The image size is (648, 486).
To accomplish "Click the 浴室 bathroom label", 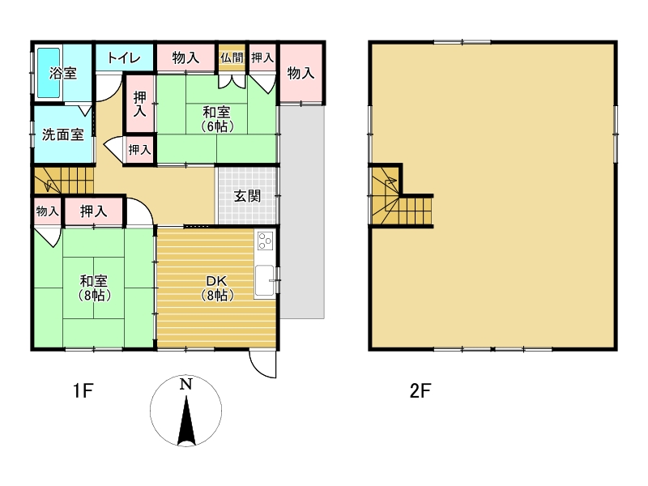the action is click(x=63, y=73).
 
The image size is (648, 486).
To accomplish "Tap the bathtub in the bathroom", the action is click(x=49, y=73).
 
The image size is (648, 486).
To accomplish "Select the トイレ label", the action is click(x=124, y=58).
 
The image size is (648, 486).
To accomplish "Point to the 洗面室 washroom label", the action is click(x=63, y=134).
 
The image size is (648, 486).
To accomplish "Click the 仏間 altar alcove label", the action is click(x=232, y=58).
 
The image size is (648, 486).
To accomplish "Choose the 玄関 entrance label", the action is click(x=248, y=196).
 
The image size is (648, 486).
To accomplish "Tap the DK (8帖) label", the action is click(x=217, y=288).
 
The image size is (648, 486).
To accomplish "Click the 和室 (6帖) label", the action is click(x=217, y=119).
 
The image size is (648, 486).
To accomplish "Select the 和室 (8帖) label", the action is click(x=95, y=288).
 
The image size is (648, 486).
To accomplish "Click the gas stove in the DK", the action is click(x=265, y=241).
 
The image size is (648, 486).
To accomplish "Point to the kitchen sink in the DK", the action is click(x=264, y=281).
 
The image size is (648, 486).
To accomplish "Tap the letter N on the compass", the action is click(x=186, y=384).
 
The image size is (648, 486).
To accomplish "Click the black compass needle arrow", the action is click(x=186, y=420).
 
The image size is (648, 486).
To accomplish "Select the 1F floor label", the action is click(x=83, y=390).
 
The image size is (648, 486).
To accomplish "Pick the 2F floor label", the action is click(x=420, y=390).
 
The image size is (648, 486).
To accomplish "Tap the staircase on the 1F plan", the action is click(x=64, y=180).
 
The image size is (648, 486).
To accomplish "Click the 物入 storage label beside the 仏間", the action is click(x=186, y=58).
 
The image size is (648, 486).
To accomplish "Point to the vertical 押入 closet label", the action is click(x=139, y=104).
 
